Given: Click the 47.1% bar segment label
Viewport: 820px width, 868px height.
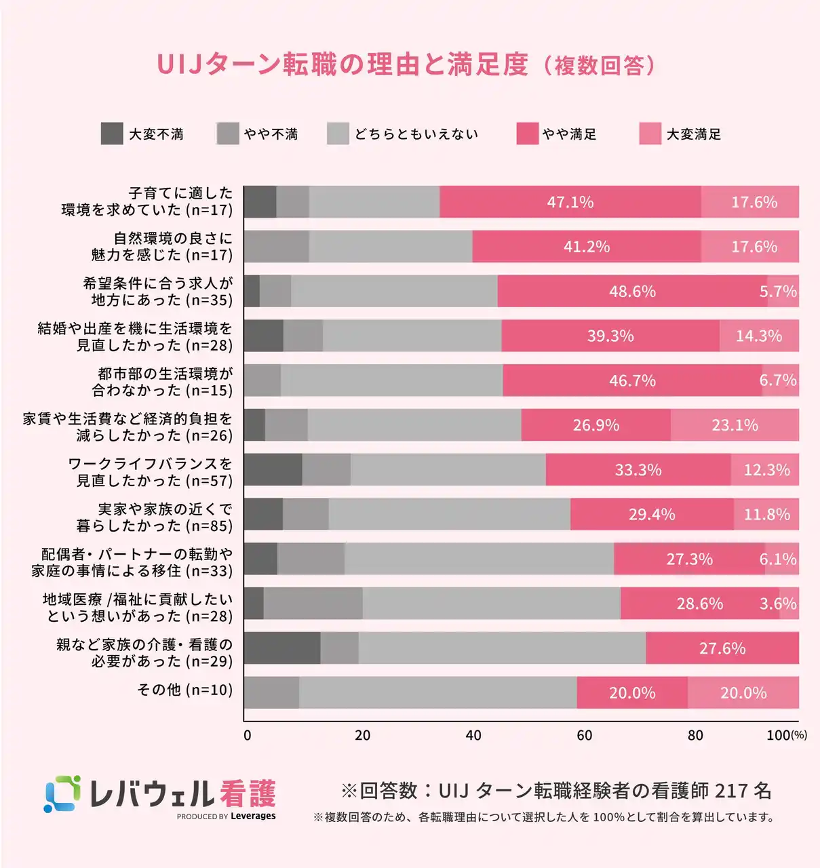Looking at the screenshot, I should tap(570, 202).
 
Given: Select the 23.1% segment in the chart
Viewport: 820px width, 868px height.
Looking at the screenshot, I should tap(735, 425).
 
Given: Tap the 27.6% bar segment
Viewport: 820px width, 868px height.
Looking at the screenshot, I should tap(722, 648).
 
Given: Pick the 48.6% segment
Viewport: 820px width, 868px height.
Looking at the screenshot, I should tap(632, 292).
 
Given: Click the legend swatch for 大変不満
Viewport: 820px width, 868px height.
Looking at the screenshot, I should tap(112, 134).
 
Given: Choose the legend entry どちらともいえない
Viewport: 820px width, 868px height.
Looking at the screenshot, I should tap(416, 134).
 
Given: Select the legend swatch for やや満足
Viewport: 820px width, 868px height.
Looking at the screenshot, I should tap(527, 134).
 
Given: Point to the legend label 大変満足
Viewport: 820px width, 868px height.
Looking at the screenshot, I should tap(693, 134).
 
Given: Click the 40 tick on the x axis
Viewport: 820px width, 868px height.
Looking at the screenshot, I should tap(473, 735).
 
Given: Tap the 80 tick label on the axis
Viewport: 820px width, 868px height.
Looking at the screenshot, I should tap(695, 735).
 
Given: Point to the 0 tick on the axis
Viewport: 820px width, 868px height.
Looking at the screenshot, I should tap(247, 735).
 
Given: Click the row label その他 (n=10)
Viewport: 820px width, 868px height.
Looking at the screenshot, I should tap(184, 690).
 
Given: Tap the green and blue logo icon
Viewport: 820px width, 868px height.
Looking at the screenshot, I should tap(62, 793).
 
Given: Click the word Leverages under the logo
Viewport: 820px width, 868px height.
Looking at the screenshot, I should tap(253, 816).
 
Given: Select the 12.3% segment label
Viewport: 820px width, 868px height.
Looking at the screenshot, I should tap(766, 470).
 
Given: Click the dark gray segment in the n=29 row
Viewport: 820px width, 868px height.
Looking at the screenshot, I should tap(282, 648).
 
